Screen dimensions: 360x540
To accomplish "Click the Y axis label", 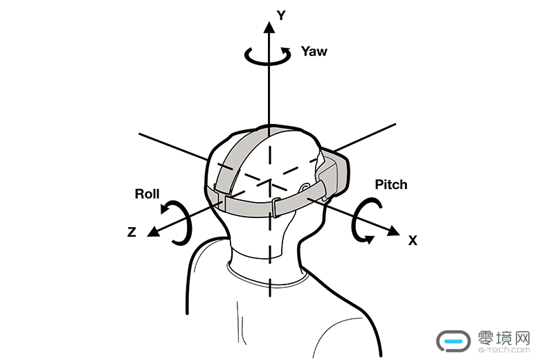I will (281, 15).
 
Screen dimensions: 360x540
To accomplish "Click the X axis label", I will (413, 241).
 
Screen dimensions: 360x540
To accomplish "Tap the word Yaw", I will (314, 51).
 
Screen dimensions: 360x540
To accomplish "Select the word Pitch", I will (390, 185).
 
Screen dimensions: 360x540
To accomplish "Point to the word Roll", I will (147, 194).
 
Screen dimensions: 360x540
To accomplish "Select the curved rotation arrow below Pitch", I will (366, 220).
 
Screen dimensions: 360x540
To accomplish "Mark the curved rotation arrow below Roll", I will (177, 221).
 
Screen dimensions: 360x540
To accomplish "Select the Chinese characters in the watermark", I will (504, 339).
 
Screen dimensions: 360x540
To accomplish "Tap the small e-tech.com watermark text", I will (504, 352).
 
